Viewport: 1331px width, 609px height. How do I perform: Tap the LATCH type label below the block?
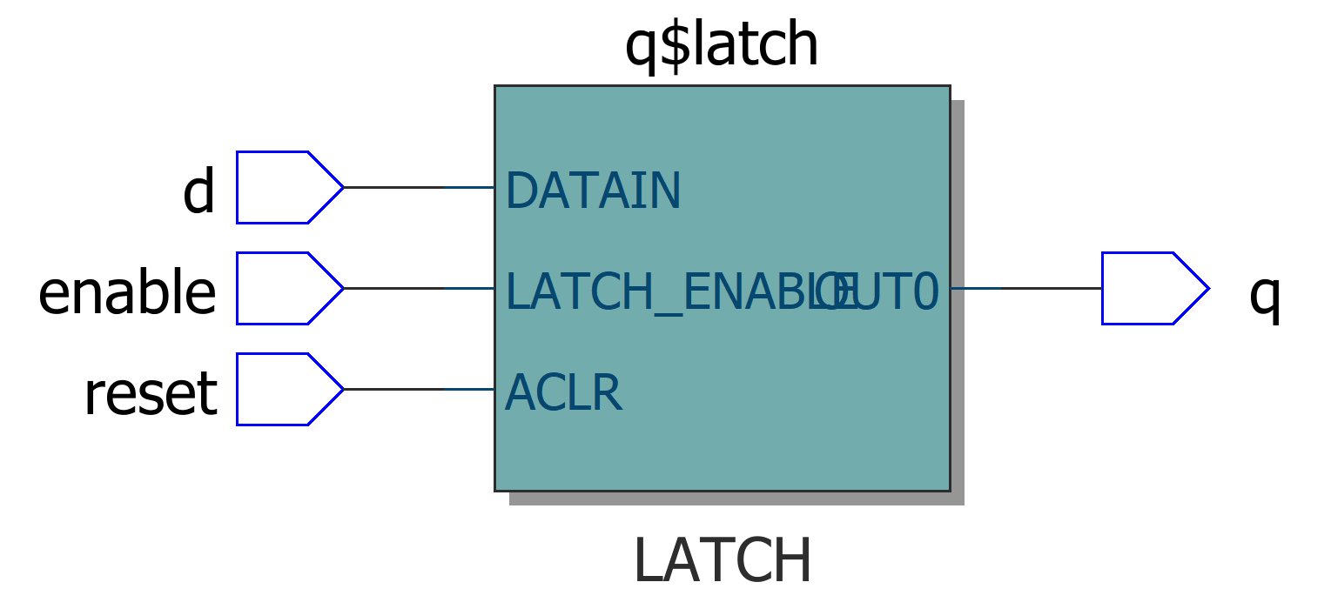pos(722,561)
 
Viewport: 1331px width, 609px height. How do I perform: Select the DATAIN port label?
pos(592,191)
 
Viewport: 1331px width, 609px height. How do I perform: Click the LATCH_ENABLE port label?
pos(662,292)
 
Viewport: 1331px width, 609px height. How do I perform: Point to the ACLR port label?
pos(563,393)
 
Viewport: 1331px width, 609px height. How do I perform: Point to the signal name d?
pos(198,191)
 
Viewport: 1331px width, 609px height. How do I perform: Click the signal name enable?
pos(127,292)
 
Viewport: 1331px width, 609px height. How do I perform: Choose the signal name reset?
pos(150,393)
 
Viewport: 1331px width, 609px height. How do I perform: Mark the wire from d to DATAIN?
pos(418,187)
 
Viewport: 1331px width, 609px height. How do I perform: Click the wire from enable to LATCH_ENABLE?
pos(418,288)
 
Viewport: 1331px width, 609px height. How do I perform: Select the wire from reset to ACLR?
pos(418,389)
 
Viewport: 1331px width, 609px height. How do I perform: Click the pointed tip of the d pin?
pos(341,187)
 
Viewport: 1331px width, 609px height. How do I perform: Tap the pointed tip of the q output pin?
pos(1207,288)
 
